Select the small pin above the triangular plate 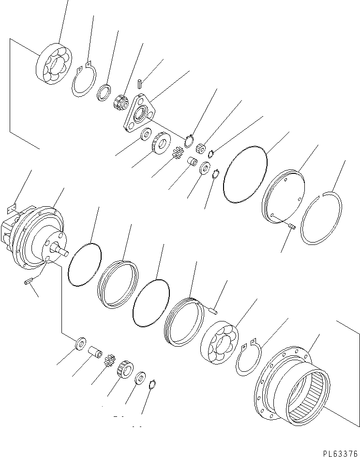(x=138, y=83)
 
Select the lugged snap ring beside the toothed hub (x=248, y=359)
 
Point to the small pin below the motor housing (x=28, y=282)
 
